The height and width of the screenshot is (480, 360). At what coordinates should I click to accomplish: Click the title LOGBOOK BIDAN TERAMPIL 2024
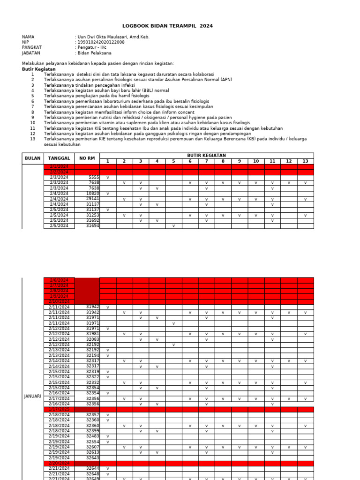pyautogui.click(x=167, y=26)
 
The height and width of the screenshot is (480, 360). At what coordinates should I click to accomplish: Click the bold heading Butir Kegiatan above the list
pyautogui.click(x=38, y=69)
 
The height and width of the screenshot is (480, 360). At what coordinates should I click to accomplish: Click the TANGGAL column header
pyautogui.click(x=59, y=158)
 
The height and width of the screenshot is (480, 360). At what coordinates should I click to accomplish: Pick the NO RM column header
pyautogui.click(x=87, y=158)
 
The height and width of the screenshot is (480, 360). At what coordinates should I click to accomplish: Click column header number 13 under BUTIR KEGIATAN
pyautogui.click(x=306, y=161)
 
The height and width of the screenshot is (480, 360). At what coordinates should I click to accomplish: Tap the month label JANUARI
pyautogui.click(x=33, y=396)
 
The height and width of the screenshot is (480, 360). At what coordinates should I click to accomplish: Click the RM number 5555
pyautogui.click(x=94, y=178)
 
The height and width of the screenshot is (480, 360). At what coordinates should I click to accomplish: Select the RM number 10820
pyautogui.click(x=93, y=194)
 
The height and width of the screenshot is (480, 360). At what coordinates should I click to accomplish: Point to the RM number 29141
pyautogui.click(x=93, y=199)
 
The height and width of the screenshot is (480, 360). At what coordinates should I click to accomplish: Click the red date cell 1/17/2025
pyautogui.click(x=59, y=409)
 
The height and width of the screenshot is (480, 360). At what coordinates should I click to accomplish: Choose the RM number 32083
pyautogui.click(x=93, y=339)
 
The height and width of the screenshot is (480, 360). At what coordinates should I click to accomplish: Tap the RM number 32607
pyautogui.click(x=93, y=447)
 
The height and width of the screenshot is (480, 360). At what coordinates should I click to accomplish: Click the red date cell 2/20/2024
pyautogui.click(x=59, y=463)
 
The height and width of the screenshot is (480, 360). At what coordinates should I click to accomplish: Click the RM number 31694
pyautogui.click(x=93, y=226)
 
